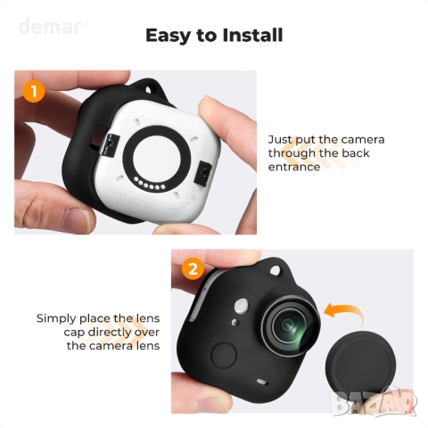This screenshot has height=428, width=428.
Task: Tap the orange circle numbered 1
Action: click(x=34, y=90)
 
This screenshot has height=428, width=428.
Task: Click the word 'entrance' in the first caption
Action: click(x=294, y=166)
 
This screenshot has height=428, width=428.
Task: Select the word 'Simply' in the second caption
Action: click(x=56, y=317)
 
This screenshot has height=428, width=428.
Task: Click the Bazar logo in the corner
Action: click(x=384, y=401)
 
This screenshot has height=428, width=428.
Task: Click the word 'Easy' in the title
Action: click(x=169, y=36)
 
